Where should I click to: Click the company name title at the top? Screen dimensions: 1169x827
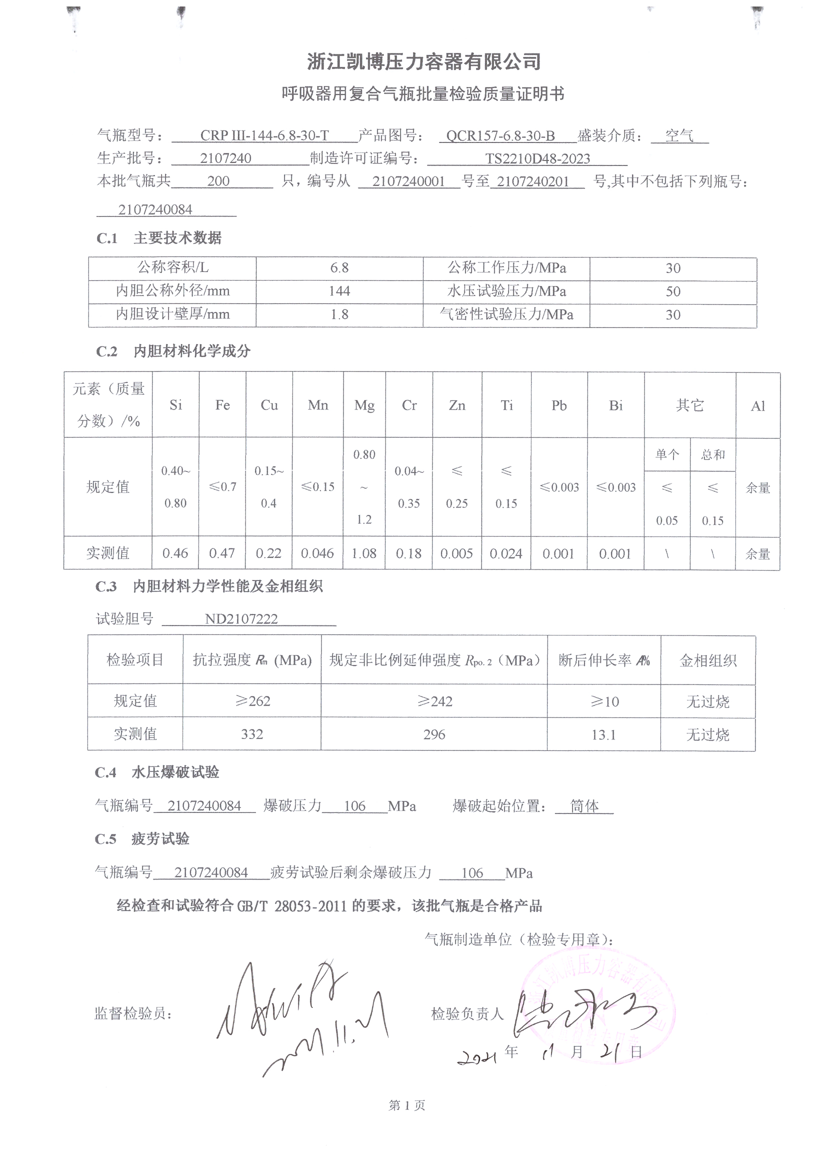click(x=423, y=61)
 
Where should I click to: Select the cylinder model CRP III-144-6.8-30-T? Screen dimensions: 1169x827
click(x=264, y=135)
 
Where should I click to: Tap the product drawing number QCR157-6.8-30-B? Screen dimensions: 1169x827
click(x=500, y=135)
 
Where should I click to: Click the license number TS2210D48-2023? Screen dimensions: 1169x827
click(x=537, y=158)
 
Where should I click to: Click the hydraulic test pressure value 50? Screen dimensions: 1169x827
click(x=672, y=291)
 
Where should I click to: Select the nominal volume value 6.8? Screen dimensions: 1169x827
click(x=339, y=268)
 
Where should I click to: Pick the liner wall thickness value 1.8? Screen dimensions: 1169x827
click(x=339, y=314)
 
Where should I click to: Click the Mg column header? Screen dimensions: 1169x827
click(x=364, y=405)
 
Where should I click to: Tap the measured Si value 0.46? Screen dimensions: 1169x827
click(x=175, y=553)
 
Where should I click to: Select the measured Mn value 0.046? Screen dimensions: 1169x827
click(x=317, y=553)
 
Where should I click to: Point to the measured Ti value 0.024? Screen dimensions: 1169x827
click(x=505, y=553)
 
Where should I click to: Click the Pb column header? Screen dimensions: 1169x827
click(x=558, y=405)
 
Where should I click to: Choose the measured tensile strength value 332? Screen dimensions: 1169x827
click(x=251, y=734)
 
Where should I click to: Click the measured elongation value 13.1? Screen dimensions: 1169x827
click(x=603, y=734)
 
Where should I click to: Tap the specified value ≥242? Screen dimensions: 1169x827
click(x=434, y=701)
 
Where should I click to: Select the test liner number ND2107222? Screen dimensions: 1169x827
click(x=241, y=619)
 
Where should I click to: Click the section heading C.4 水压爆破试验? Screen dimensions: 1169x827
click(x=157, y=772)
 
